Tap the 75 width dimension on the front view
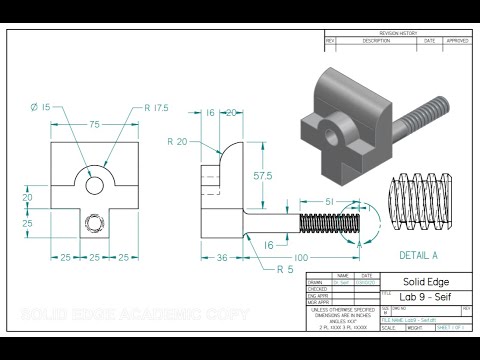pos(93,126)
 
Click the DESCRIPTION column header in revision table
pos(376,42)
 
